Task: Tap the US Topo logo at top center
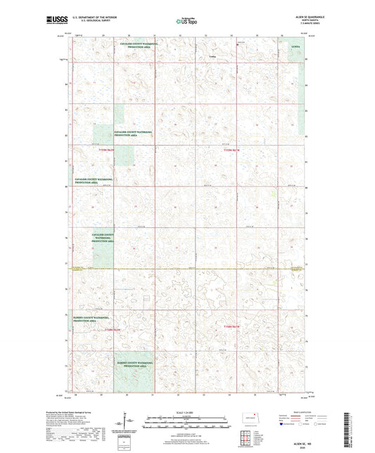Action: click(186, 22)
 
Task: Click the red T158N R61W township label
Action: click(233, 326)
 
